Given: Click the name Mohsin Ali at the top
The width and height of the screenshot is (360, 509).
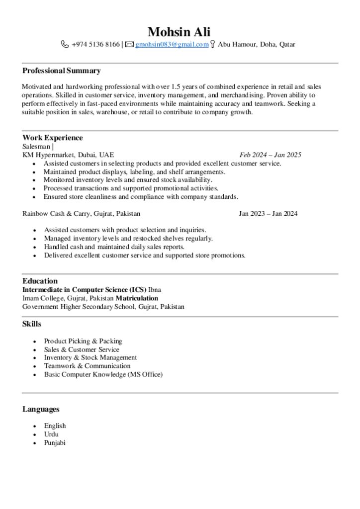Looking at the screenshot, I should click(180, 32).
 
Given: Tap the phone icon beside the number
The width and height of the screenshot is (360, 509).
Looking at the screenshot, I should click(65, 45).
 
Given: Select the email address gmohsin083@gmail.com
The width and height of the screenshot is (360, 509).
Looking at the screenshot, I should click(172, 45).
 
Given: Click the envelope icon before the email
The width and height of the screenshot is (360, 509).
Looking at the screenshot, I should click(129, 45).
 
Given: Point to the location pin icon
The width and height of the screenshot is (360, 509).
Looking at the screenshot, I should click(213, 45).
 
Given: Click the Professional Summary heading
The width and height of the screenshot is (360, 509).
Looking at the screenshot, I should click(61, 71).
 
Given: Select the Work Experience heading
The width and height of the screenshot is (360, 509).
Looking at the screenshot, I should click(52, 138).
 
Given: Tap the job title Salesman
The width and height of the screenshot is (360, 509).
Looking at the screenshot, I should click(36, 146).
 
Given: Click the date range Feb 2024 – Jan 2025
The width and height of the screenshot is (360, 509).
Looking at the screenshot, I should click(270, 155).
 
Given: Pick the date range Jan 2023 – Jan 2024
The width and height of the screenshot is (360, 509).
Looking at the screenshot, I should click(268, 214).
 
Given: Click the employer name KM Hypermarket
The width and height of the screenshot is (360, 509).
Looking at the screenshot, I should click(48, 155).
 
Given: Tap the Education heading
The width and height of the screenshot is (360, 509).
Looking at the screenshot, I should click(40, 281).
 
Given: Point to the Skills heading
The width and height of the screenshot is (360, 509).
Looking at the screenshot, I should click(32, 324).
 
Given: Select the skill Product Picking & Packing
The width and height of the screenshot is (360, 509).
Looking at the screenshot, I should click(83, 341).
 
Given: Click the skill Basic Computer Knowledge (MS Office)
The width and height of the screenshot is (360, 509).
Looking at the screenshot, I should click(103, 374).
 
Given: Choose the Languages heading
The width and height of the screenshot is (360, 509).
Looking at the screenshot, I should click(41, 409).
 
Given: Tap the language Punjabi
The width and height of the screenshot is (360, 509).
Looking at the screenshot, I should click(55, 442).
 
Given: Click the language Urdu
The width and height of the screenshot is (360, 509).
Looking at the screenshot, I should click(51, 434).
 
